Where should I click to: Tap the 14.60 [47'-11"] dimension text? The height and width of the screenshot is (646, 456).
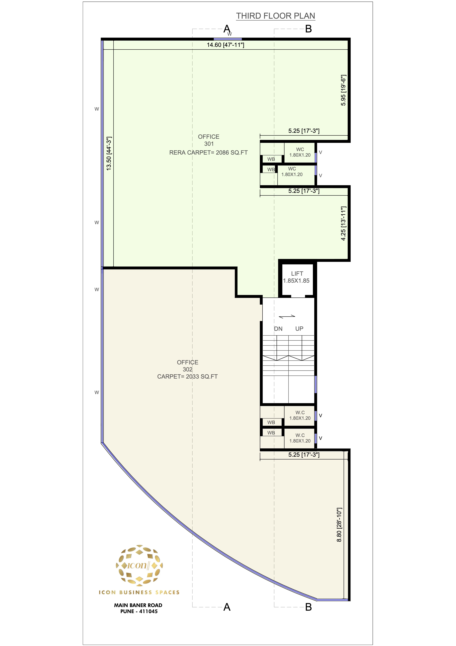225,45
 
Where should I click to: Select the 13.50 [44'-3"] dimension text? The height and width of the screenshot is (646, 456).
109,153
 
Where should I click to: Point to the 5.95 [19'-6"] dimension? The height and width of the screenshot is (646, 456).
343,90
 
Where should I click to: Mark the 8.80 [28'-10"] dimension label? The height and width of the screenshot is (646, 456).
339,525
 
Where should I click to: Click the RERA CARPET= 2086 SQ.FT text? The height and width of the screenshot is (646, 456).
208,153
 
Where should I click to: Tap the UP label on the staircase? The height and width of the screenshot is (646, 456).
299,329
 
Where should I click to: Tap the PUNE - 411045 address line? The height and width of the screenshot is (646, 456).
139,611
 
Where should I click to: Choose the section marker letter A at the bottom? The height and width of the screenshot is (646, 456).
227,607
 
